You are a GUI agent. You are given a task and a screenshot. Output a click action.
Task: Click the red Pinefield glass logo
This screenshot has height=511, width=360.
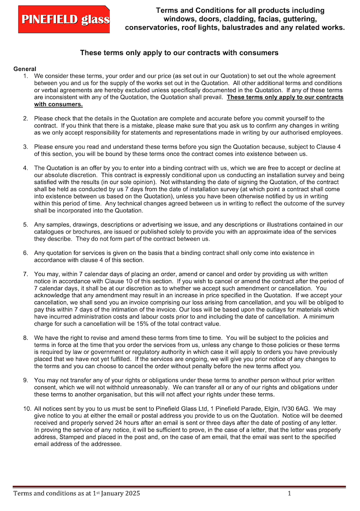tap(64, 19)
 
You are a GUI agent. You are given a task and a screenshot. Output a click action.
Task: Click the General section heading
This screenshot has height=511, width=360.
tap(25, 69)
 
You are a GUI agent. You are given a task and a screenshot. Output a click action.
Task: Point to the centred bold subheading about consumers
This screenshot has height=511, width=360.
tap(179, 53)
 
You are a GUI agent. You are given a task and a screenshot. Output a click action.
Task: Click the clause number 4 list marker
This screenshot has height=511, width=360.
tap(26, 168)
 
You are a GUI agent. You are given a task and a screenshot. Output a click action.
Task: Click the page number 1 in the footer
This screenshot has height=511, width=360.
tap(289, 494)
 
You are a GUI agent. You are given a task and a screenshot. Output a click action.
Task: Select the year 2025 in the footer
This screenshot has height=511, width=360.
tap(131, 494)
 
